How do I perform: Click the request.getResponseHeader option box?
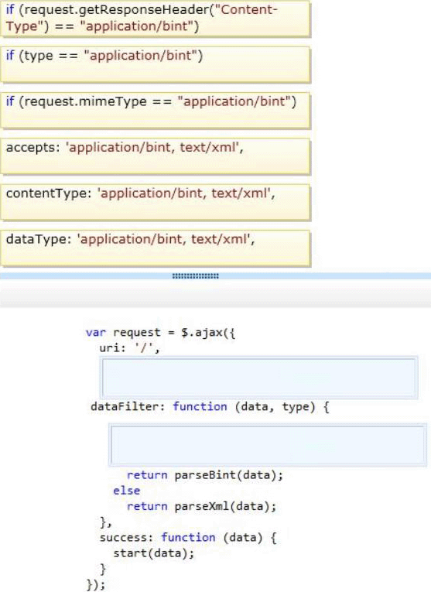coord(156,19)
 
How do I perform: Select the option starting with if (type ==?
coord(156,64)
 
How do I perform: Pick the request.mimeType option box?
coord(156,111)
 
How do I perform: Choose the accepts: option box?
coord(156,156)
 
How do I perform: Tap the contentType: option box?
coord(156,203)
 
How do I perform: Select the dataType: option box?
coord(156,249)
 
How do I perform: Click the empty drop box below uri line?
coord(259,378)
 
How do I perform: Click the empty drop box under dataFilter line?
coord(268,445)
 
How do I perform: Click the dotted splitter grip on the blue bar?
coord(196,276)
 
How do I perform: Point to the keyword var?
coord(96,333)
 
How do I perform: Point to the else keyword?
coord(126,491)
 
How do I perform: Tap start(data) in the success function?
coord(150,553)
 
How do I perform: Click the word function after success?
coord(188,537)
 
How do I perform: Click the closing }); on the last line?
coord(96,585)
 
